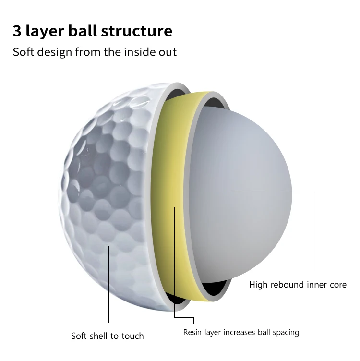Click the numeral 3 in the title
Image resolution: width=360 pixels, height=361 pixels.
coord(18,31)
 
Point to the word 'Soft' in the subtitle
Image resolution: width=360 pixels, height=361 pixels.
coord(23,52)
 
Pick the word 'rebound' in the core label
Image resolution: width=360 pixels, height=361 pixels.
coord(289,285)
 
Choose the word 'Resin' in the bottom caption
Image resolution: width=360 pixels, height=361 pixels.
coord(193,332)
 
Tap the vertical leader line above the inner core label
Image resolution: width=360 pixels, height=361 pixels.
coord(314,230)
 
